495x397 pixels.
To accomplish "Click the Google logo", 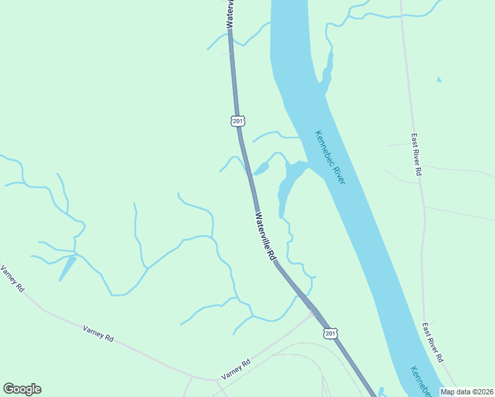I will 22,389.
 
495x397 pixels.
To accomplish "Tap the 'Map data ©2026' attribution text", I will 467,392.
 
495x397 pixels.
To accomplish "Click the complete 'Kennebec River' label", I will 330,156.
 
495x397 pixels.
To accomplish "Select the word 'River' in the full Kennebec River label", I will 337,171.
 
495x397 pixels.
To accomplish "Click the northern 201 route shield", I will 238,121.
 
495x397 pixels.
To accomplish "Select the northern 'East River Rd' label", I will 416,154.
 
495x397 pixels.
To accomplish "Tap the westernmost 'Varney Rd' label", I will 13,279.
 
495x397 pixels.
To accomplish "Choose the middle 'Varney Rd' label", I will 99,333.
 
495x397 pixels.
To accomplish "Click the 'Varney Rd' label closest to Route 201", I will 236,369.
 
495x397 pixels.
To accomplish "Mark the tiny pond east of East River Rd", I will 439,80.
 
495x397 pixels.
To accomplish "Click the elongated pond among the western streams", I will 67,267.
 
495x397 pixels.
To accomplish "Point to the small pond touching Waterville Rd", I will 261,169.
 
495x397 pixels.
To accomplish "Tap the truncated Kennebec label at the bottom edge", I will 418,382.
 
